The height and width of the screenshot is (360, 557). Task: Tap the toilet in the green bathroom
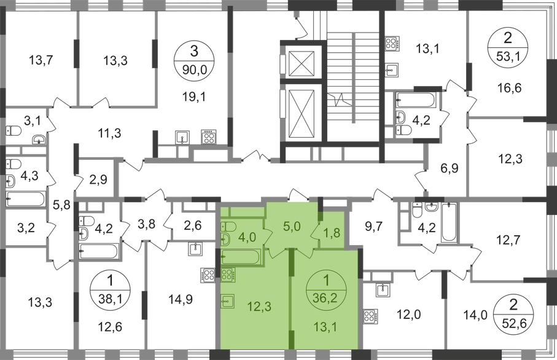(225, 239)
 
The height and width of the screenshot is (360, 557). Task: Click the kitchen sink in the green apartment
(226, 302)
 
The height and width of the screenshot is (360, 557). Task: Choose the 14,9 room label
(177, 300)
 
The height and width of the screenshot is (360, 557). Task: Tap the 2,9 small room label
(99, 180)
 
